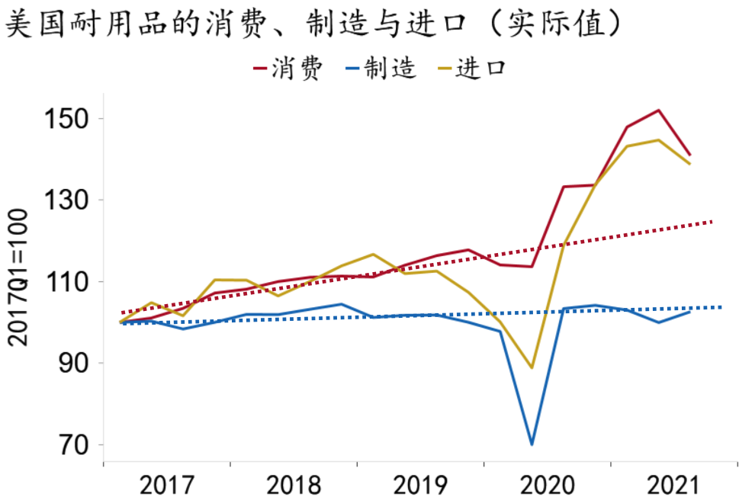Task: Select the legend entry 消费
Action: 289,69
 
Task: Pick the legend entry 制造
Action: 381,69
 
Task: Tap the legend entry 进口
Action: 471,69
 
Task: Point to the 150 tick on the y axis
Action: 75,119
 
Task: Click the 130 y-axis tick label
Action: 75,200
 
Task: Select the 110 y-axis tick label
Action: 75,282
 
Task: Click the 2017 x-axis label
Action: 167,485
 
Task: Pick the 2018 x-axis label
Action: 294,485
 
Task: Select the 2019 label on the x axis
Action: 420,485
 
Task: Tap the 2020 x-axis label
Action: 547,485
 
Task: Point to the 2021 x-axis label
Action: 673,485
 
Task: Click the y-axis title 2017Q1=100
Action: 19,277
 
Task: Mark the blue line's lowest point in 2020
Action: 532,444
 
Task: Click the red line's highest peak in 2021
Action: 658,111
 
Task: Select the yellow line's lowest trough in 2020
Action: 532,367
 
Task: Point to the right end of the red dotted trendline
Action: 712,222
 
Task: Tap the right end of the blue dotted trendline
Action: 721,307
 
